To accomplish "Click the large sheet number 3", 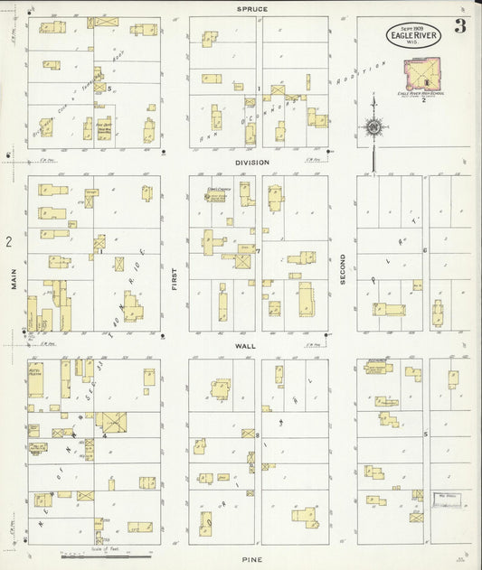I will [x=460, y=25].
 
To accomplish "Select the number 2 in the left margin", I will [x=8, y=242].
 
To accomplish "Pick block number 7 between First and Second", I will [x=258, y=250].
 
